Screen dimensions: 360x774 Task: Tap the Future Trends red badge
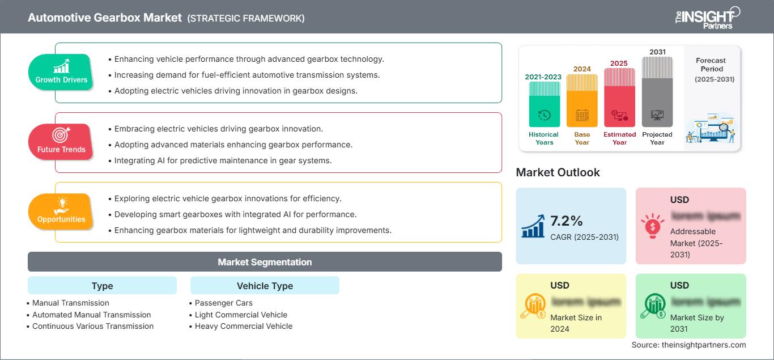(x=61, y=142)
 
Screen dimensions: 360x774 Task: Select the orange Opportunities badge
(x=61, y=211)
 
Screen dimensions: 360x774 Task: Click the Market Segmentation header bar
(x=265, y=262)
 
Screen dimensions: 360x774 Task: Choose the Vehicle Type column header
(x=265, y=286)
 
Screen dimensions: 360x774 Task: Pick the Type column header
(x=102, y=286)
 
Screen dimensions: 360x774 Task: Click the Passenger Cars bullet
(x=224, y=303)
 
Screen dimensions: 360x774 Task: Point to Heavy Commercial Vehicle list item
(x=244, y=326)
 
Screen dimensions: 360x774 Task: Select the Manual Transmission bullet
(x=71, y=303)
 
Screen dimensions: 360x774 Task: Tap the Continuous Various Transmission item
(x=93, y=326)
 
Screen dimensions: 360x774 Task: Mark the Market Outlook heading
(x=558, y=172)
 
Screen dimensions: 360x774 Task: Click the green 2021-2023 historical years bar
(x=544, y=105)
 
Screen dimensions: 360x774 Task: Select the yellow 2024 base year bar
(x=582, y=101)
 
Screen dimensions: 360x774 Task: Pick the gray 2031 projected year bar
(x=657, y=92)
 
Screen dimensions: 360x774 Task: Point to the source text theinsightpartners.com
(x=688, y=345)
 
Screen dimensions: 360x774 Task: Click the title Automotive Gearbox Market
(x=104, y=18)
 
